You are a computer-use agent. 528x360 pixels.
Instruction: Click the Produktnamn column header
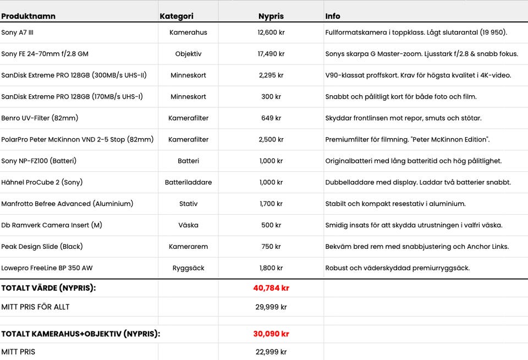point(28,17)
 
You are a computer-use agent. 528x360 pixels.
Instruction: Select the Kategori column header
point(177,17)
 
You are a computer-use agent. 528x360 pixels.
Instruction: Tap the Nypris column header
point(271,17)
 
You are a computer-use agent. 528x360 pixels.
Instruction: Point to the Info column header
point(333,17)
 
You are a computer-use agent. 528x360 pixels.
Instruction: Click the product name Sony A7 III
point(18,32)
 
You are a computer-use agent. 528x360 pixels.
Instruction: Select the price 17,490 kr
point(271,54)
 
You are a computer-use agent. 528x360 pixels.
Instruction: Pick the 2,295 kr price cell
point(271,75)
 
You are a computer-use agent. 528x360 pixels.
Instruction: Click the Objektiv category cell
point(188,54)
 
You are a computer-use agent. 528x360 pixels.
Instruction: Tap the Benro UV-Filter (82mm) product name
point(40,118)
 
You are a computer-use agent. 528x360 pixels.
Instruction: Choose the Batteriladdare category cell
point(188,182)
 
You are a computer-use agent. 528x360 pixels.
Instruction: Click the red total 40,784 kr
point(271,288)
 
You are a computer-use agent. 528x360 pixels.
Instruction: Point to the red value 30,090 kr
point(271,334)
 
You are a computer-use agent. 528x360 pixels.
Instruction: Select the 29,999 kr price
point(271,307)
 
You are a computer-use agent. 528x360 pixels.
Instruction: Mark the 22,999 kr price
point(271,352)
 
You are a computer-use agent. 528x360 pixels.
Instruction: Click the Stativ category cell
point(188,204)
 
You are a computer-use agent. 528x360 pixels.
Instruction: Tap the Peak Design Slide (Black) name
point(42,247)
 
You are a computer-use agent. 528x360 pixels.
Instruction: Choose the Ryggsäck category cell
point(188,268)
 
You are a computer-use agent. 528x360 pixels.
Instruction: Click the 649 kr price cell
point(271,118)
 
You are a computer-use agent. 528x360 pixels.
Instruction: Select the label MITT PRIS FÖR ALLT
point(35,307)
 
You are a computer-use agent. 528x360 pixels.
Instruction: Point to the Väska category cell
point(188,225)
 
